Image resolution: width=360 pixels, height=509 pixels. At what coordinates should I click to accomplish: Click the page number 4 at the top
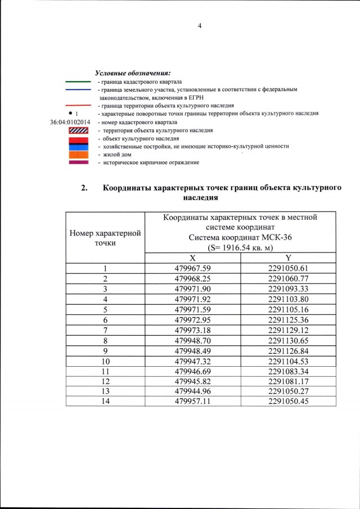tap(199, 26)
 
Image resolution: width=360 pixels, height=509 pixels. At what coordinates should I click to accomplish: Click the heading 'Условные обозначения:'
tap(133, 73)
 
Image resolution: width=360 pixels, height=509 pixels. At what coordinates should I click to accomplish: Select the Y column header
tap(288, 257)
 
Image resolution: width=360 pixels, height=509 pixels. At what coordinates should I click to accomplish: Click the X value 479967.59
tap(193, 268)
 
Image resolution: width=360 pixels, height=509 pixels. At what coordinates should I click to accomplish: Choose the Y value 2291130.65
tap(289, 341)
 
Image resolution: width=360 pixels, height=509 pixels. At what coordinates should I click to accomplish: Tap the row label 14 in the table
tap(105, 401)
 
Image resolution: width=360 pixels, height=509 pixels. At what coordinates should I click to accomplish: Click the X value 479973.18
tap(193, 330)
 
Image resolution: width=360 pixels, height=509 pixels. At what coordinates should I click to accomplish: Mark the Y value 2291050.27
tap(289, 391)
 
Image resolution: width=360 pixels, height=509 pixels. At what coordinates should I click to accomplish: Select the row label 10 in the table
tap(105, 361)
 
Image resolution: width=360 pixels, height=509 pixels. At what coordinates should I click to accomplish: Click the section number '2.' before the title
tap(84, 188)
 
